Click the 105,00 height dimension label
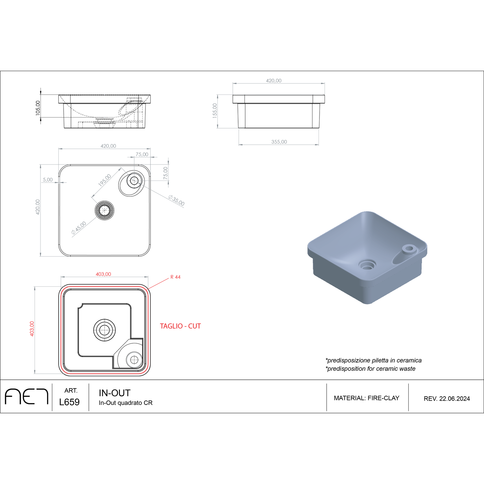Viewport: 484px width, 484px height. [x=38, y=108]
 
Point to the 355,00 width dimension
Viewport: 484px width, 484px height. [x=279, y=142]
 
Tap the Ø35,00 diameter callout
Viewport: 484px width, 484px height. [x=176, y=200]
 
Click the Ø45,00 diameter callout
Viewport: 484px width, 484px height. [x=79, y=228]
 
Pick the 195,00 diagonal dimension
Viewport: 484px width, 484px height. [x=105, y=181]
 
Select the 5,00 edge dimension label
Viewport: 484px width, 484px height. [x=48, y=180]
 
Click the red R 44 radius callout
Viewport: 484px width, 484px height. [x=175, y=277]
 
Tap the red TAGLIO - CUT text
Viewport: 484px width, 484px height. [x=180, y=326]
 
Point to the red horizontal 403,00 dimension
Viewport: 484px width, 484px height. [x=103, y=274]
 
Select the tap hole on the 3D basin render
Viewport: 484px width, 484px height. [x=409, y=249]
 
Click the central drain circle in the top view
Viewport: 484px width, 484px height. [x=105, y=210]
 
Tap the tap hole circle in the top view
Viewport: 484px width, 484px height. [x=134, y=181]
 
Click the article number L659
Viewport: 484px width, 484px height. [x=69, y=402]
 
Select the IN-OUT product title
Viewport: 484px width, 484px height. [x=115, y=393]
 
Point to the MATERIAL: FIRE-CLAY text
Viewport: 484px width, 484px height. [x=366, y=398]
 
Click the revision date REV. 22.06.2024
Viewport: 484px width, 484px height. [x=446, y=399]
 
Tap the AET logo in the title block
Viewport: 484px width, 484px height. [x=26, y=397]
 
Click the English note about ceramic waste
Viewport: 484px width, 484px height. [x=370, y=369]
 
